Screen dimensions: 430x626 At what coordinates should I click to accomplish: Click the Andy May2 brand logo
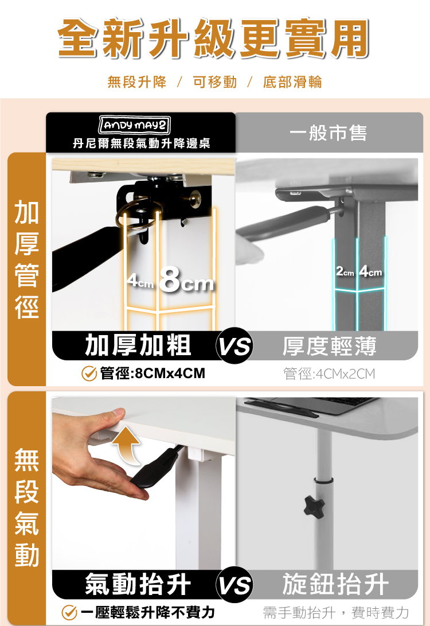click(x=134, y=125)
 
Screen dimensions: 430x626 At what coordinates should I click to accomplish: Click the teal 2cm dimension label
click(x=345, y=272)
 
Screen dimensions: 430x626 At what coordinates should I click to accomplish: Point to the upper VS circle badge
click(x=234, y=345)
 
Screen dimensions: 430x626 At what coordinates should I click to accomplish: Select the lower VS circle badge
click(x=234, y=585)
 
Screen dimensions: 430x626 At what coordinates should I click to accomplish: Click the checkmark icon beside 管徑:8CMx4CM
click(x=89, y=374)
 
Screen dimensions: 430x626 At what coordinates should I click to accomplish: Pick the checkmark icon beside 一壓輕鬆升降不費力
click(x=69, y=612)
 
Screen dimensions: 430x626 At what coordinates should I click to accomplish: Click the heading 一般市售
click(x=328, y=133)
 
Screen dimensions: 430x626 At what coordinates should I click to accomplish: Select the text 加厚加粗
click(x=138, y=345)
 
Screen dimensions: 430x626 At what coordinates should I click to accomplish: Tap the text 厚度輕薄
click(x=330, y=346)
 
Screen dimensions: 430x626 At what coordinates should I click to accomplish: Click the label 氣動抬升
click(x=138, y=584)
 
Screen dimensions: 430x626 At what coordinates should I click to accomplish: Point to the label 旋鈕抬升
click(x=335, y=584)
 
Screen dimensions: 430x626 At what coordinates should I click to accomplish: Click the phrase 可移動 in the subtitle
click(x=215, y=82)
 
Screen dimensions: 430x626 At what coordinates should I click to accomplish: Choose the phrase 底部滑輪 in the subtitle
click(x=292, y=82)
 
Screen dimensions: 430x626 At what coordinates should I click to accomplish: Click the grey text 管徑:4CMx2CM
click(x=330, y=374)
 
